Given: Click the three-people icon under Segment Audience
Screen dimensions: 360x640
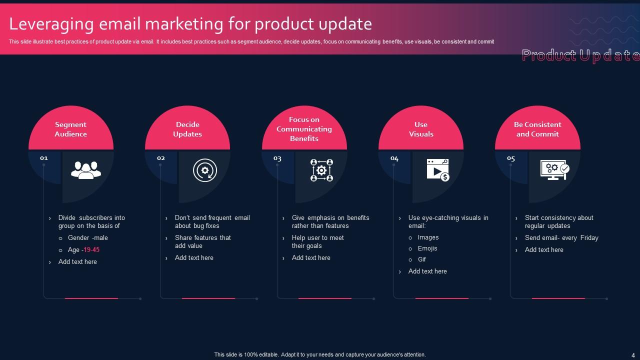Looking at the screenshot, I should pos(86,170).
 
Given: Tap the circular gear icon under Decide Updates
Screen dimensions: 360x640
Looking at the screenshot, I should pos(204,170).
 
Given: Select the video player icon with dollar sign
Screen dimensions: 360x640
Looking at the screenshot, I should pos(437,170).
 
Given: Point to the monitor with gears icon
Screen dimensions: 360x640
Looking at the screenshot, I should pos(554,170).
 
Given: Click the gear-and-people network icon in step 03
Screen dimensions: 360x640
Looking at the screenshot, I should pos(321,170).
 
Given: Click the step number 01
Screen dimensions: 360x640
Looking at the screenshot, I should pos(44,158).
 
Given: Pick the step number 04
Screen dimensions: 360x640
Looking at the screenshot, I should pos(394,158).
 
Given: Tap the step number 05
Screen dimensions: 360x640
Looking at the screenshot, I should pos(511,158).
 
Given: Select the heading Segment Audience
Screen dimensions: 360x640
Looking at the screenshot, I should pos(70,129).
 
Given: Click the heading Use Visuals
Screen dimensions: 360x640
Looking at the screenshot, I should pos(421,129).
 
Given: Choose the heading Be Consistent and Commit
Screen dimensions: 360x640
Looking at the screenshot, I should pos(537,129).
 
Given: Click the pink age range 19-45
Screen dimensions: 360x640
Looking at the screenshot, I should pos(91,249).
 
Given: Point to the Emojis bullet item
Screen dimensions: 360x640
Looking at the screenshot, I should pos(427,248).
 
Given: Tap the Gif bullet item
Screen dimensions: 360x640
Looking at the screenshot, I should pos(422,259).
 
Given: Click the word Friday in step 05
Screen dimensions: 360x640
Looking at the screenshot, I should pos(589,238).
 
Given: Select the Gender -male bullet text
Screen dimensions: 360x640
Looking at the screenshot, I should pos(88,238).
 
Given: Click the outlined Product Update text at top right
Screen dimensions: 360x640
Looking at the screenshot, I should pos(580,55).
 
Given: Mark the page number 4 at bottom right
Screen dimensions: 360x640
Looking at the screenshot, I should pos(633,354).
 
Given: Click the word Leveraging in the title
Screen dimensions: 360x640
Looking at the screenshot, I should pos(51,24).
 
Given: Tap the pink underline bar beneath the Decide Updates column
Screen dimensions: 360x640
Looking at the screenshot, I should pos(208,298).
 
